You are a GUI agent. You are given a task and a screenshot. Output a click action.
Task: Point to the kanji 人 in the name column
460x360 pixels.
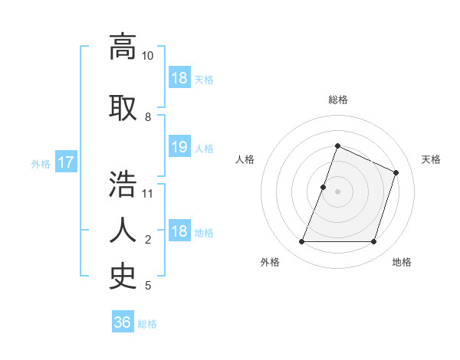pyautogui.click(x=123, y=230)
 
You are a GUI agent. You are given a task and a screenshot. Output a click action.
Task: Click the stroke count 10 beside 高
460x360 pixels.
pyautogui.click(x=148, y=56)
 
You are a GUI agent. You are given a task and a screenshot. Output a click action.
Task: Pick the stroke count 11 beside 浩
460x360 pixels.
pyautogui.click(x=148, y=193)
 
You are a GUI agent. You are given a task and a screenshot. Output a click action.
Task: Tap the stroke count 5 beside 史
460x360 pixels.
pyautogui.click(x=148, y=286)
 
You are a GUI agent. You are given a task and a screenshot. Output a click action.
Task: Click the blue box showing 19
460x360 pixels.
pyautogui.click(x=179, y=147)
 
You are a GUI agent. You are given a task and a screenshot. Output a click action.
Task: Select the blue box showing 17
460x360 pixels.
pyautogui.click(x=65, y=162)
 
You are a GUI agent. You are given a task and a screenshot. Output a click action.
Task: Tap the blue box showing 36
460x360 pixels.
pyautogui.click(x=123, y=322)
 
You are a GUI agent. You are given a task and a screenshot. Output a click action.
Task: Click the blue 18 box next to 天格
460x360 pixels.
pyautogui.click(x=179, y=78)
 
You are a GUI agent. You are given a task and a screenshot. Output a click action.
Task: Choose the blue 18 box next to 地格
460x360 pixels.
pyautogui.click(x=179, y=232)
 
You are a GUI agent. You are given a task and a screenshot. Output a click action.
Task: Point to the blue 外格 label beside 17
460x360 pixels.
pyautogui.click(x=41, y=163)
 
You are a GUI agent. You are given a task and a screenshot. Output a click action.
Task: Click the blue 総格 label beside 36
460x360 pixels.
pyautogui.click(x=147, y=323)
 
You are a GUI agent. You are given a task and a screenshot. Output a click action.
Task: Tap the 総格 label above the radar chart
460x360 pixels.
pyautogui.click(x=337, y=100)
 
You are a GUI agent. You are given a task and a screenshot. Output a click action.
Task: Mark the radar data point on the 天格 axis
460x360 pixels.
pyautogui.click(x=396, y=172)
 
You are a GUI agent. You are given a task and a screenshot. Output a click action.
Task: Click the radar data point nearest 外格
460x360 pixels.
pyautogui.click(x=301, y=242)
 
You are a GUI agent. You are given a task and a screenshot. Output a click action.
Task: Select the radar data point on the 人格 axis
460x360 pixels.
pyautogui.click(x=324, y=187)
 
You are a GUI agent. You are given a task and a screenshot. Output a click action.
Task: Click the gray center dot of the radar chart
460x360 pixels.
pyautogui.click(x=337, y=191)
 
